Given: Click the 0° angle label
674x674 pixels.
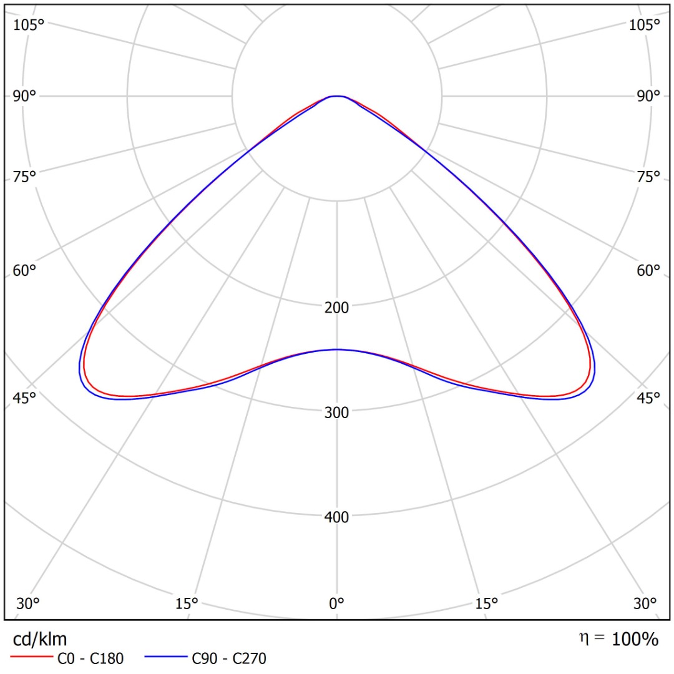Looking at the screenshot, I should [337, 603].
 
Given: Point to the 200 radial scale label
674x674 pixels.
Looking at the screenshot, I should [337, 307].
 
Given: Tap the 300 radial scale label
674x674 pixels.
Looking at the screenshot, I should [337, 412].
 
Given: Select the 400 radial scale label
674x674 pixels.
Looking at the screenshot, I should [337, 517].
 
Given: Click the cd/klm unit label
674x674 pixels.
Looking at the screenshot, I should [40, 638].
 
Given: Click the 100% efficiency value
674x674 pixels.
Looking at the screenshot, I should [634, 639].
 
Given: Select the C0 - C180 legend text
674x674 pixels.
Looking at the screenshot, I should [90, 658].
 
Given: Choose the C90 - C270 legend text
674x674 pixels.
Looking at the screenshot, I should [229, 658].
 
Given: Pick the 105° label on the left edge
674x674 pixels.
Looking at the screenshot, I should [29, 25].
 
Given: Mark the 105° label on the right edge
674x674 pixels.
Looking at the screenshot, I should [645, 25].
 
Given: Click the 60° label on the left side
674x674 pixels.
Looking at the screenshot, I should [25, 271].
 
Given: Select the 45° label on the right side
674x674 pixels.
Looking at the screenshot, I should [648, 398].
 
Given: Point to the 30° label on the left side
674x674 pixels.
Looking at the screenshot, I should [28, 603].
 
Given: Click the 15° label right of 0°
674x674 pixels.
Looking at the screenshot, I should [487, 603].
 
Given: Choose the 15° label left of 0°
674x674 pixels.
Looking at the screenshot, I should [187, 603].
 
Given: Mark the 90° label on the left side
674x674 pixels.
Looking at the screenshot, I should [25, 96].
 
